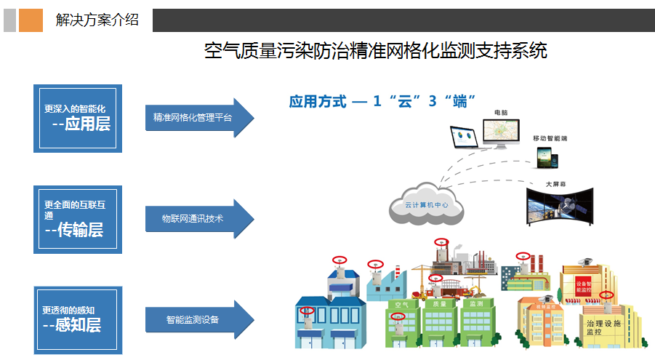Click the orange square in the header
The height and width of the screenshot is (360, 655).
[x=31, y=20]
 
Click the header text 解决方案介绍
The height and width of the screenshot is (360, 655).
[x=97, y=20]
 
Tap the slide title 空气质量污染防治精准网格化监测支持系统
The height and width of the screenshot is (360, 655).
[x=375, y=52]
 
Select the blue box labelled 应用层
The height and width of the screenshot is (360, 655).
[x=78, y=118]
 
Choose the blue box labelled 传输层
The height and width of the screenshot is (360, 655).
[x=78, y=220]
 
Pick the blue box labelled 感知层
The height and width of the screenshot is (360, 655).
[x=78, y=320]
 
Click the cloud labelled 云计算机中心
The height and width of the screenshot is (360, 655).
[x=426, y=204]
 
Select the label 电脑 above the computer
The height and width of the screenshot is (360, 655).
[x=501, y=113]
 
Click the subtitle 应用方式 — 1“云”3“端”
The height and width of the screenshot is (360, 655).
[x=382, y=102]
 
